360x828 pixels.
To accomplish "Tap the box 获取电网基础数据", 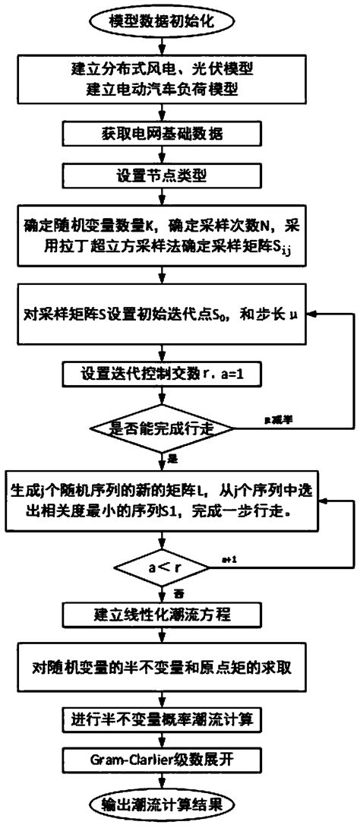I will pyautogui.click(x=161, y=134).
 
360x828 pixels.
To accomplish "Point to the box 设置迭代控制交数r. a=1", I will pyautogui.click(x=161, y=373).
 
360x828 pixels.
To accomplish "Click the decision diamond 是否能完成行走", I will pyautogui.click(x=161, y=428).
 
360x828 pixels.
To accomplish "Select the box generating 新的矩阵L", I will pyautogui.click(x=161, y=502).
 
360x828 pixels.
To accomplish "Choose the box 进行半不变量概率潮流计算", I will pyautogui.click(x=161, y=716).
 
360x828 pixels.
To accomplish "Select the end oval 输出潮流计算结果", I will pyautogui.click(x=161, y=804).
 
